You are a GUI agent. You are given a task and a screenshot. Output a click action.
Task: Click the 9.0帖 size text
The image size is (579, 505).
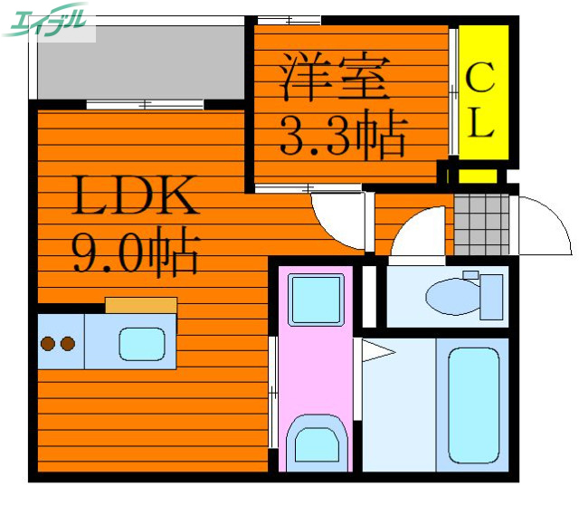tap(136, 252)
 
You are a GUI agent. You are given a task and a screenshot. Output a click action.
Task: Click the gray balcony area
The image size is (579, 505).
tap(141, 62)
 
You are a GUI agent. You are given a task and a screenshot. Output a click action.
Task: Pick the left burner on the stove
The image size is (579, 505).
tap(47, 344)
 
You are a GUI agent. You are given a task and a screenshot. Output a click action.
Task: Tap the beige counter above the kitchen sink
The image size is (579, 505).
tap(141, 305)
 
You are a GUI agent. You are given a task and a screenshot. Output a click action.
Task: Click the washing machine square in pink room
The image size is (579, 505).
tap(316, 299)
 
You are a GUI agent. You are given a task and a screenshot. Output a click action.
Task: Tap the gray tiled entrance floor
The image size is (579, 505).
tap(481, 224)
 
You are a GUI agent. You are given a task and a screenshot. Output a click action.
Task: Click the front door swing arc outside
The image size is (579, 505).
tap(543, 226)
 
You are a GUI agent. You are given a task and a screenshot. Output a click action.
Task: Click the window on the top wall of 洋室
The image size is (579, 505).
tap(289, 21)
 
